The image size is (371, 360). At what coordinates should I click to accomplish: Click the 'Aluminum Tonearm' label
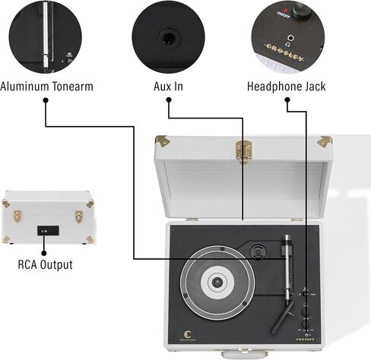46,87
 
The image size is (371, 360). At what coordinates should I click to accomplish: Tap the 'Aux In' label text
168,87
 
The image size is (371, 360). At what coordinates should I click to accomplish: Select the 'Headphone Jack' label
287,87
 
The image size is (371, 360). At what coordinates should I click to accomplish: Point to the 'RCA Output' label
46,265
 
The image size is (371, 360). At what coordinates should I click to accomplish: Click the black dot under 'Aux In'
169,100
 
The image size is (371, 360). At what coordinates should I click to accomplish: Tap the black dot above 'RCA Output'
44,253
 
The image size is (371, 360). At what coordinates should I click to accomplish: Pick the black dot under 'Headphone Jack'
287,100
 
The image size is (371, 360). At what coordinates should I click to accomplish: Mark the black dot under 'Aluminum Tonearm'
46,100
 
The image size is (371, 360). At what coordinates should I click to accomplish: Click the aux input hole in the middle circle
169,38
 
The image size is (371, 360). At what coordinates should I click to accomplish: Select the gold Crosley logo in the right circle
284,53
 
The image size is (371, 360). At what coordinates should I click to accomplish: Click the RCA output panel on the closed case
48,231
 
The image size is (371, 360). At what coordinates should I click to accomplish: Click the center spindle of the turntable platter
217,282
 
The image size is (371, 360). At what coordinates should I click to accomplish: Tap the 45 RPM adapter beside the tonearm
258,251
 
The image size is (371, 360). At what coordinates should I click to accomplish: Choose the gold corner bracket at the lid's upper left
163,141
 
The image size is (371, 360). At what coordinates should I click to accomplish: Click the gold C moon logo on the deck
187,334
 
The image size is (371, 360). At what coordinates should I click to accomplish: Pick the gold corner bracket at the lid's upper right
325,141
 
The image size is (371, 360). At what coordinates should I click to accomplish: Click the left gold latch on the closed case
17,216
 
